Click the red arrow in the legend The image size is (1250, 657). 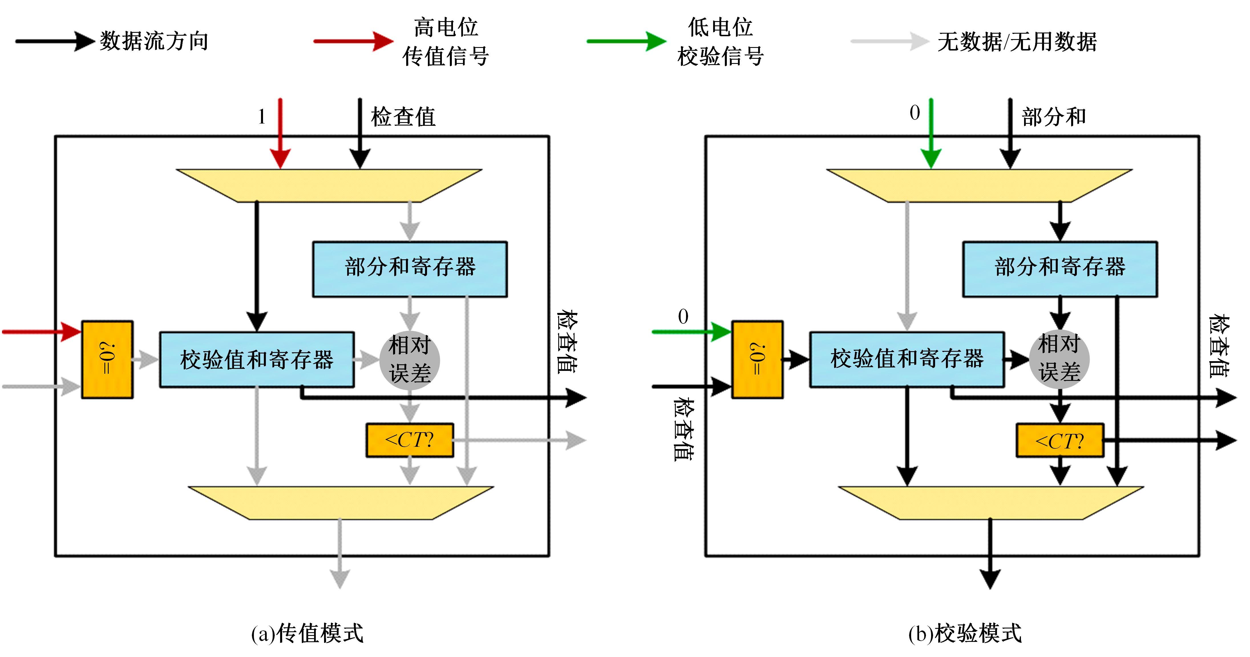click(x=353, y=41)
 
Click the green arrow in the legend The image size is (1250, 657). click(x=626, y=41)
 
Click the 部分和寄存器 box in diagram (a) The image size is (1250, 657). click(x=410, y=269)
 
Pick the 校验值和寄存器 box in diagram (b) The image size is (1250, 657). click(x=907, y=359)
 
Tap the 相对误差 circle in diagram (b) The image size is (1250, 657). click(x=1059, y=359)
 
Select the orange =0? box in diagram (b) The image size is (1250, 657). click(x=757, y=359)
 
